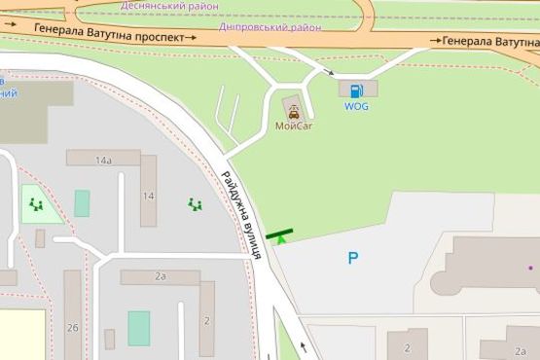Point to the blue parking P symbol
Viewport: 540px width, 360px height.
click(353, 258)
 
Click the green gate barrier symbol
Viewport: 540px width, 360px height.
click(280, 234)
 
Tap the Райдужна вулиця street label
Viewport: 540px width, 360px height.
click(240, 214)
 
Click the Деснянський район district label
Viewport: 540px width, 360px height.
click(168, 6)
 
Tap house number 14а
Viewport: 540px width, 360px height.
click(102, 159)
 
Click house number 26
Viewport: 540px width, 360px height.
click(73, 328)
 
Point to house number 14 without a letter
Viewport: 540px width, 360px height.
click(147, 196)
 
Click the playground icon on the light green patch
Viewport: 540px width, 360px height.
click(37, 204)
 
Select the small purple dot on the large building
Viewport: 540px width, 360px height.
click(531, 266)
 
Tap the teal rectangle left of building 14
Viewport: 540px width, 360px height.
click(82, 203)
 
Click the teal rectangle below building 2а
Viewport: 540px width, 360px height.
click(139, 328)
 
